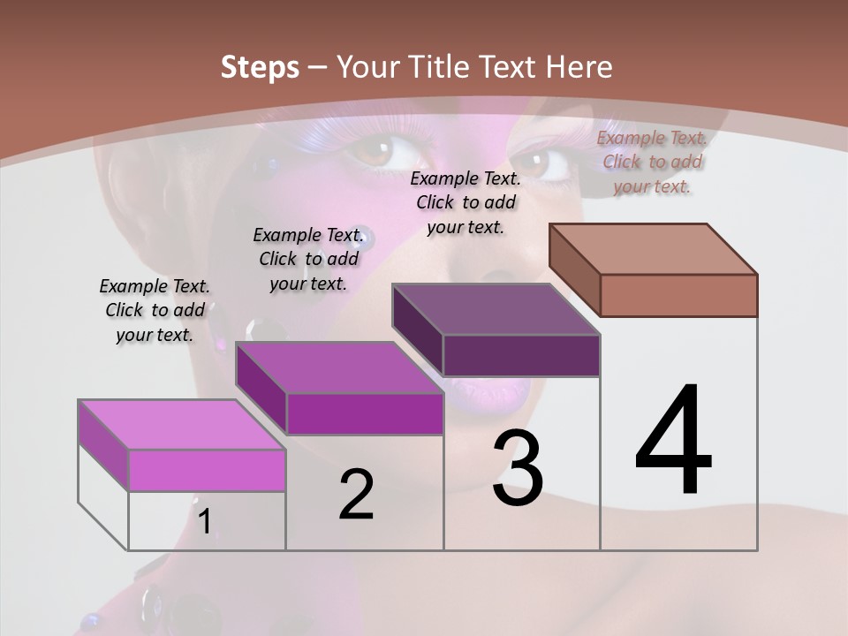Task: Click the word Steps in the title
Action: click(260, 67)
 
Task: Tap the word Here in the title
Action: click(579, 67)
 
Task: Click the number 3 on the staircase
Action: click(518, 468)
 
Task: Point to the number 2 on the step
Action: click(356, 495)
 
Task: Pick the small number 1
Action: click(204, 521)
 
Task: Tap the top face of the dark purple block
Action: click(496, 309)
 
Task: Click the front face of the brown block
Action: click(678, 295)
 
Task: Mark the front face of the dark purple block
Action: click(521, 355)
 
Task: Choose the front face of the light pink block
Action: click(207, 470)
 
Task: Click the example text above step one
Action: click(155, 310)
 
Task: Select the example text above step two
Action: click(308, 259)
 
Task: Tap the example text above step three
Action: click(466, 202)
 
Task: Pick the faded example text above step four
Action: click(652, 162)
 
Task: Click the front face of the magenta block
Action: click(364, 413)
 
